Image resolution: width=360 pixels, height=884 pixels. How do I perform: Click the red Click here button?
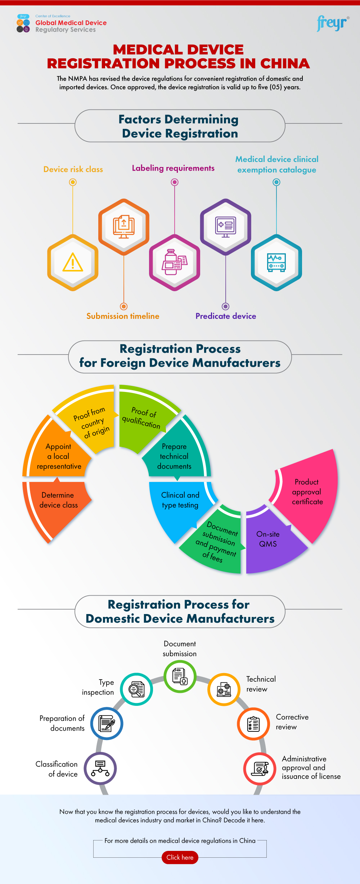[180, 857]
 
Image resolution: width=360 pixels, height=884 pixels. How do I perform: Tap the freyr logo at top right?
[332, 23]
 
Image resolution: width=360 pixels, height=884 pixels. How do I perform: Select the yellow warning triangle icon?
[73, 262]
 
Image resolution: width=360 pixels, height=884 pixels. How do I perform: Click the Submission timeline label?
[123, 316]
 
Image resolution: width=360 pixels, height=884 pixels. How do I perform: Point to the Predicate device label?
[226, 316]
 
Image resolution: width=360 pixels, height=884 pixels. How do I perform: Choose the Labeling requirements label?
[173, 168]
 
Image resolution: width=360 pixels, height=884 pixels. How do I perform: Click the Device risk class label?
[73, 169]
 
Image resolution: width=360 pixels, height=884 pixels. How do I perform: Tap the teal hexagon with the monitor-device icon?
[276, 262]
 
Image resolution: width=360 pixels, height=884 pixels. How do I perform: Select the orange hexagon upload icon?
[124, 227]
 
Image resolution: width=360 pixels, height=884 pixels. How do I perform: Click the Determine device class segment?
[58, 504]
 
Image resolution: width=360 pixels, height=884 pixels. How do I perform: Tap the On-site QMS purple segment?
[268, 540]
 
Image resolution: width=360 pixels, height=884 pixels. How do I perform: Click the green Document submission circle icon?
[180, 676]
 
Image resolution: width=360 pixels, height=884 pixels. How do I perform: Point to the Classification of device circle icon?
[100, 768]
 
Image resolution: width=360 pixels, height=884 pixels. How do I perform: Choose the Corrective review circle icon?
[253, 724]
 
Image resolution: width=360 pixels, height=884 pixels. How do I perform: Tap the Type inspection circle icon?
[136, 689]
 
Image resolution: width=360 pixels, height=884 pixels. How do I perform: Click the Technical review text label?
[261, 684]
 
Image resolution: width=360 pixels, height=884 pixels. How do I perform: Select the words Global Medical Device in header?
[71, 23]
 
